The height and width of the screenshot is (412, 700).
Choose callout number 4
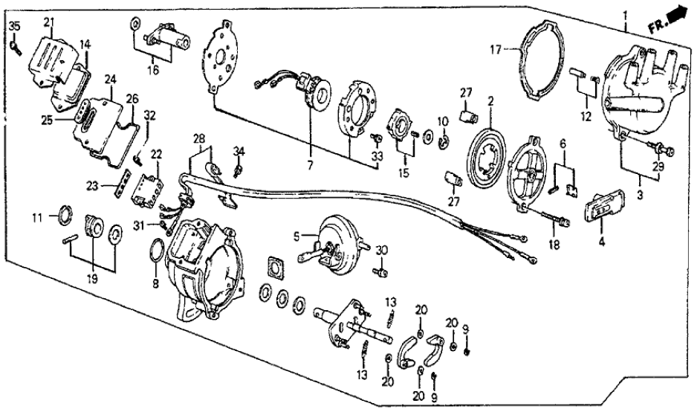tap(601, 242)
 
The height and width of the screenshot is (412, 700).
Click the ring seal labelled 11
tap(64, 217)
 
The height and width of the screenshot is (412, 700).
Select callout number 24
tap(111, 80)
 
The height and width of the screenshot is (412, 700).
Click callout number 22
tap(157, 154)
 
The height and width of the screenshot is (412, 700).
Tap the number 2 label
tap(490, 99)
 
